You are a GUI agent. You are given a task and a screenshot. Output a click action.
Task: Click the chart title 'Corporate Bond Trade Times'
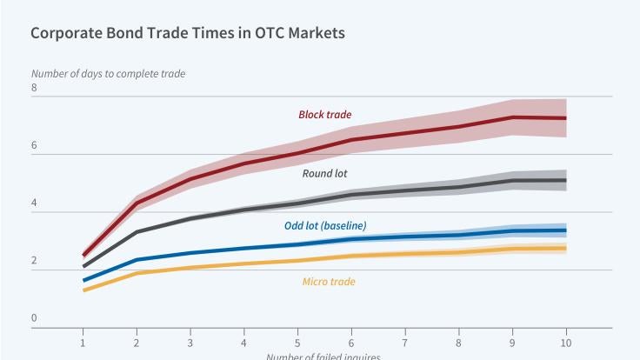point(187,34)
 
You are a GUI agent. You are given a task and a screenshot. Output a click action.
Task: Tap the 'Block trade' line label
point(324,115)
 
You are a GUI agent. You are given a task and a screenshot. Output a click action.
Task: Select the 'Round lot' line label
point(324,173)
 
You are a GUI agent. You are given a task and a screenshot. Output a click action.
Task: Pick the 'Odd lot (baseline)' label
point(325,226)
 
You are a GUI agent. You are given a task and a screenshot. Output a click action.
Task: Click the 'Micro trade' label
point(328,282)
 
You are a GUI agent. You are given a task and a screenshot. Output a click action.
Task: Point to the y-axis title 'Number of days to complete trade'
point(108,74)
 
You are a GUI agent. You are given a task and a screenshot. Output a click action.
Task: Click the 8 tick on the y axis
point(34,88)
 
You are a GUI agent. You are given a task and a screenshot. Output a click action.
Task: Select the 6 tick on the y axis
point(34,146)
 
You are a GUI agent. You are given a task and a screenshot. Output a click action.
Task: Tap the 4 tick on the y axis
point(34,203)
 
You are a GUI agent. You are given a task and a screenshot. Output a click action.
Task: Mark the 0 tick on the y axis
point(34,318)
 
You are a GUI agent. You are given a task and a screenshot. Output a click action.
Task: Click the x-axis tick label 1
point(83,341)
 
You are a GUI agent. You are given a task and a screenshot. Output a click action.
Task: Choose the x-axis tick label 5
point(297,341)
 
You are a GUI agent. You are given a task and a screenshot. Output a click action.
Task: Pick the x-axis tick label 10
point(566,341)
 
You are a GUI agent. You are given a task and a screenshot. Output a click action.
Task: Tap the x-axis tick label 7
point(405,341)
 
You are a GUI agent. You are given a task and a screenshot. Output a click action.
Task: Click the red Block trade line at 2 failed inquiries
point(137,203)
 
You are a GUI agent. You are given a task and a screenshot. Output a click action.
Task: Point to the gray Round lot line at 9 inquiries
point(513,181)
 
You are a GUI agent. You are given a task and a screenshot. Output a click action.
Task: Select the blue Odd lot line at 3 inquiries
point(190,253)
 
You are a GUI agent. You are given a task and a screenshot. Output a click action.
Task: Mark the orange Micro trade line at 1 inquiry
point(83,290)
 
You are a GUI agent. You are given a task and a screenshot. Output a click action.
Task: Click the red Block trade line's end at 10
point(566,117)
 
